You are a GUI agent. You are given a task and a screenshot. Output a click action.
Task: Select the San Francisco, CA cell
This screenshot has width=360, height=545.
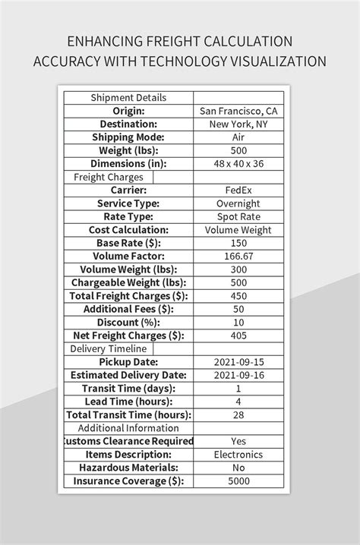coord(238,111)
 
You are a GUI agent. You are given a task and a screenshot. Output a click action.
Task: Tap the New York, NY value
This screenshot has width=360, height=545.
coord(238,124)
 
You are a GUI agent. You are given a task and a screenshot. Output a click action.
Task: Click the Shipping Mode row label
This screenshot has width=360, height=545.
coord(128,137)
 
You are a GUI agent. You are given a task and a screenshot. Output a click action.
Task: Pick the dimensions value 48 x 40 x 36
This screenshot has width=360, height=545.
coord(238,164)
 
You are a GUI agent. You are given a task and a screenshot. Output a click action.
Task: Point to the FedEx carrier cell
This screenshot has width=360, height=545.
coord(238,191)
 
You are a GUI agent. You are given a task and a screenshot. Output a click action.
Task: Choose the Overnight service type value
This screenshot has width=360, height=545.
coord(238,203)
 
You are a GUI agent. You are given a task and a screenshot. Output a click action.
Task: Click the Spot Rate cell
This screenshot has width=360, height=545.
coord(238,217)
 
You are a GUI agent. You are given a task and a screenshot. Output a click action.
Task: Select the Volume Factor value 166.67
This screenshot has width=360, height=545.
coord(238,257)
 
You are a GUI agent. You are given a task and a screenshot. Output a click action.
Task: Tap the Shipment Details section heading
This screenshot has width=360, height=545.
coord(128,98)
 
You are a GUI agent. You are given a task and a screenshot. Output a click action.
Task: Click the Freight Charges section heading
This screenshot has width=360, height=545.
coord(109,177)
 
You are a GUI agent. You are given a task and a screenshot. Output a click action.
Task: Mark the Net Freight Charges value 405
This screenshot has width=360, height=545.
coord(238,336)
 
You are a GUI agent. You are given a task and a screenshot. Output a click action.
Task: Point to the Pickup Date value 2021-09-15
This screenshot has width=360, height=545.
coord(238,362)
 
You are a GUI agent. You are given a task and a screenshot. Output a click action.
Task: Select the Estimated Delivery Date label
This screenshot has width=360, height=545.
coord(128,376)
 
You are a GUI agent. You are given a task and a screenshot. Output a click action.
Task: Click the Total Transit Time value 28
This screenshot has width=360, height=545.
coord(238,415)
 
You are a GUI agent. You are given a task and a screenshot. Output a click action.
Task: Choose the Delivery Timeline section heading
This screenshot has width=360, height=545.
coord(109,349)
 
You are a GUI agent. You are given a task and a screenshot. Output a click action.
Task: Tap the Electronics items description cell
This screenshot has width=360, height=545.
coord(238,455)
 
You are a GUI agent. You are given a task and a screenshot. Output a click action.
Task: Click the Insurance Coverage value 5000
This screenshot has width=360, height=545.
coord(238,481)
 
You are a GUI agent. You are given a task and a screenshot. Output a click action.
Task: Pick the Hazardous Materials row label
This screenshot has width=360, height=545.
coord(128,468)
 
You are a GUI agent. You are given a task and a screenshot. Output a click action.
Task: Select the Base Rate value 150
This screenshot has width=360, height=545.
coord(238,243)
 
